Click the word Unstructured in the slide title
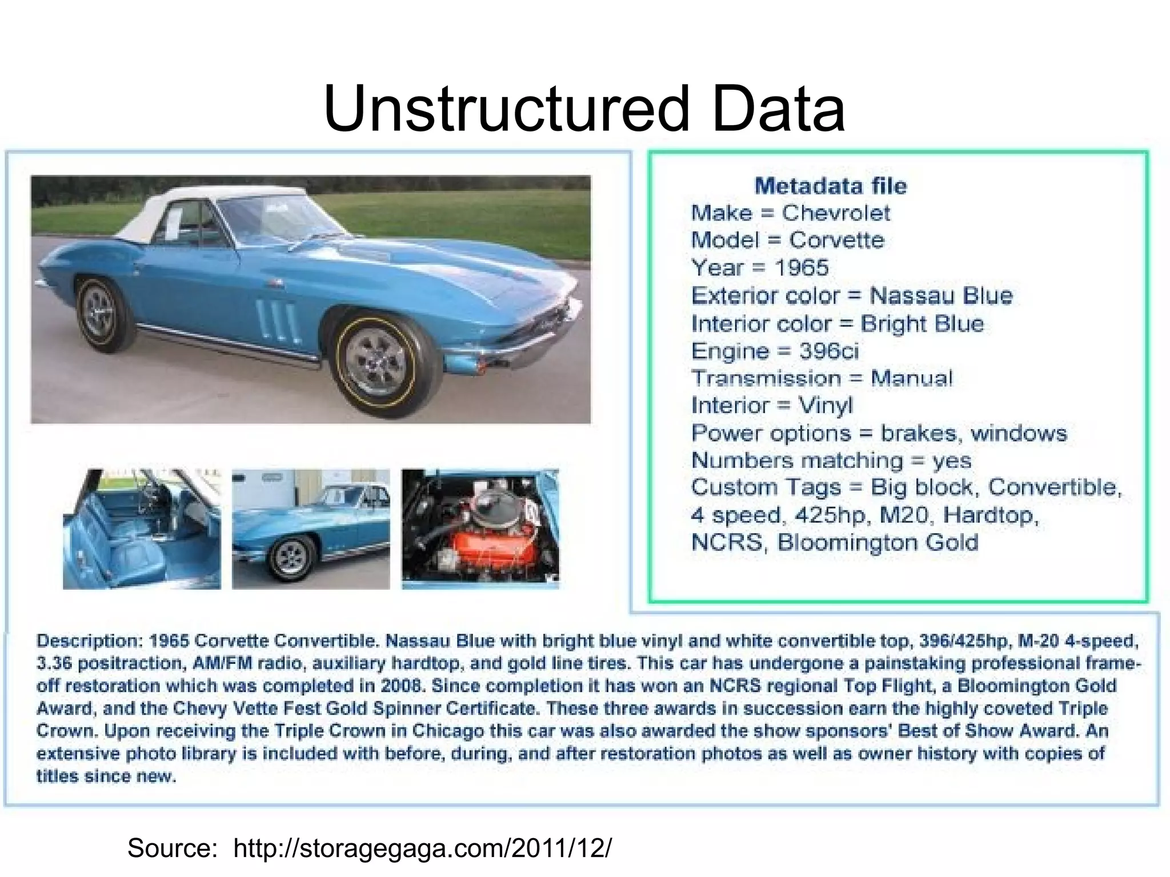click(506, 109)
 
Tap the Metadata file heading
click(830, 186)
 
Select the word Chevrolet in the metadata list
click(836, 213)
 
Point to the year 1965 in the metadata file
click(801, 267)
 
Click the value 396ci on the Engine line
click(828, 351)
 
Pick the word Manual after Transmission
click(912, 378)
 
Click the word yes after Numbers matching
click(952, 460)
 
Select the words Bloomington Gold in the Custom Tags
click(877, 543)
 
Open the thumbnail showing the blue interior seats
click(141, 529)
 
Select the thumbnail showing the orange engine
click(480, 529)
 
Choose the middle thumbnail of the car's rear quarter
click(311, 529)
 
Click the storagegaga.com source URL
click(422, 848)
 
